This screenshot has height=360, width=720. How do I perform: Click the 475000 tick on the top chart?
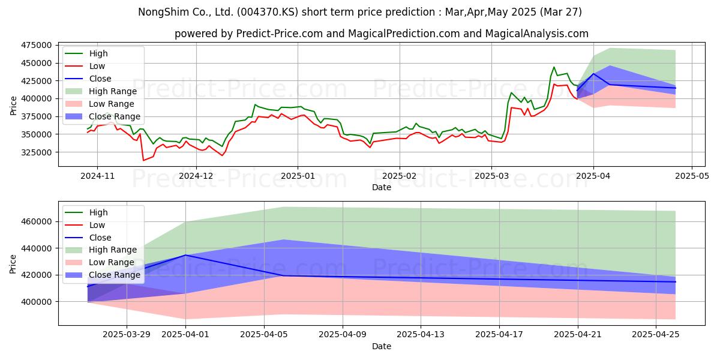tap(36, 46)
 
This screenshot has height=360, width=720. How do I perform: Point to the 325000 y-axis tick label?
tap(36, 152)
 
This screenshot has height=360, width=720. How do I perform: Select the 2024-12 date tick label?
tap(196, 176)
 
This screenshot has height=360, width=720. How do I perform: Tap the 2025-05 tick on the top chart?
tap(692, 176)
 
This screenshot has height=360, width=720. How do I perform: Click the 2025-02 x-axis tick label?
tap(400, 176)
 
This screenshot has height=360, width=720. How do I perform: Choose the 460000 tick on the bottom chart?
tap(36, 222)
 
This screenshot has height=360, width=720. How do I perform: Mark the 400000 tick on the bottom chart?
tap(36, 302)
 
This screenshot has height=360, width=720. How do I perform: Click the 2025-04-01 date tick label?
tap(185, 335)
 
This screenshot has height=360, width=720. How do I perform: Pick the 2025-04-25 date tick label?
tap(656, 335)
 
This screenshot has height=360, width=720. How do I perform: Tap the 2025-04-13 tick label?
tap(421, 335)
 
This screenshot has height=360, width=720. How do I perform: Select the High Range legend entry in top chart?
tap(101, 91)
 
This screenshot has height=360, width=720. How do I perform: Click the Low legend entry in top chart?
tap(85, 66)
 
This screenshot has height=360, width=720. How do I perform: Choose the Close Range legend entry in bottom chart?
tap(103, 275)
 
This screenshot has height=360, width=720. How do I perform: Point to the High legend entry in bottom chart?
tap(86, 212)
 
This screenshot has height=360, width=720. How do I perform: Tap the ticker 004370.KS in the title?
tap(268, 12)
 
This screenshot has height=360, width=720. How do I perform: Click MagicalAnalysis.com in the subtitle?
tap(537, 34)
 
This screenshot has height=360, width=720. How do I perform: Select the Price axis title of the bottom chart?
tap(13, 264)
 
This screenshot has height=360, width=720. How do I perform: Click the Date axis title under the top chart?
tap(382, 187)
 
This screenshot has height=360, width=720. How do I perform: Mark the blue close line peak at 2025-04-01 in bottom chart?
tap(185, 255)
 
